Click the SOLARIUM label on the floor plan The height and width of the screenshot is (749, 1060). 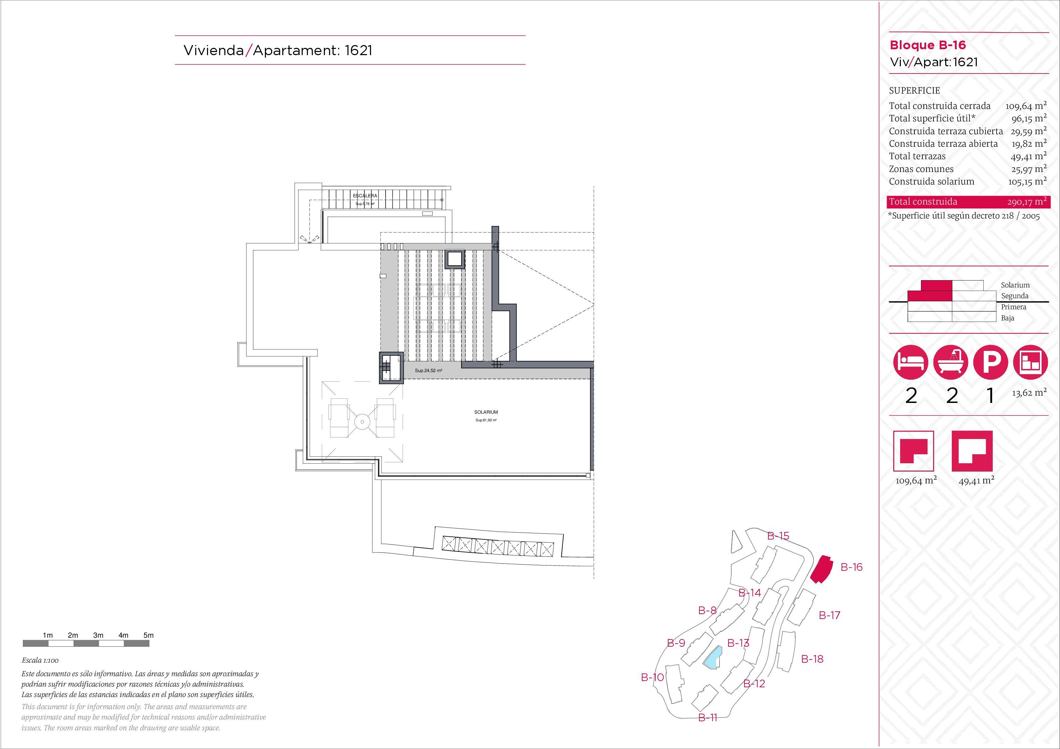[x=486, y=412]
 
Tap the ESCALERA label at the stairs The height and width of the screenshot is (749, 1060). [x=365, y=196]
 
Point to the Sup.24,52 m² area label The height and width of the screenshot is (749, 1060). [x=429, y=371]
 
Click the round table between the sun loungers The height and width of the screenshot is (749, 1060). [x=362, y=422]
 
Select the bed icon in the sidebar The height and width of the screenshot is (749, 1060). [x=911, y=362]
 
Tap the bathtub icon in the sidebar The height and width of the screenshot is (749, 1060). [x=950, y=362]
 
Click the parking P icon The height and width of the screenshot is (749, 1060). [x=990, y=362]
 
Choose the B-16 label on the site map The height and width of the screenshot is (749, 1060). [x=851, y=567]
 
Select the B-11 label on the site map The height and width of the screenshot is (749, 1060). [x=708, y=717]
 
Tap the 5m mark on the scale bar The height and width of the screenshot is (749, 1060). [x=148, y=635]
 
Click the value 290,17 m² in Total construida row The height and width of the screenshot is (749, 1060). [x=1027, y=202]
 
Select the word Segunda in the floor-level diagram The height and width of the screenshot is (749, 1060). [x=1015, y=296]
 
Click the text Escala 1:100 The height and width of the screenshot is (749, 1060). [x=40, y=661]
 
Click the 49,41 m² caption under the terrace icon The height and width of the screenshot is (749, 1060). [x=976, y=481]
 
